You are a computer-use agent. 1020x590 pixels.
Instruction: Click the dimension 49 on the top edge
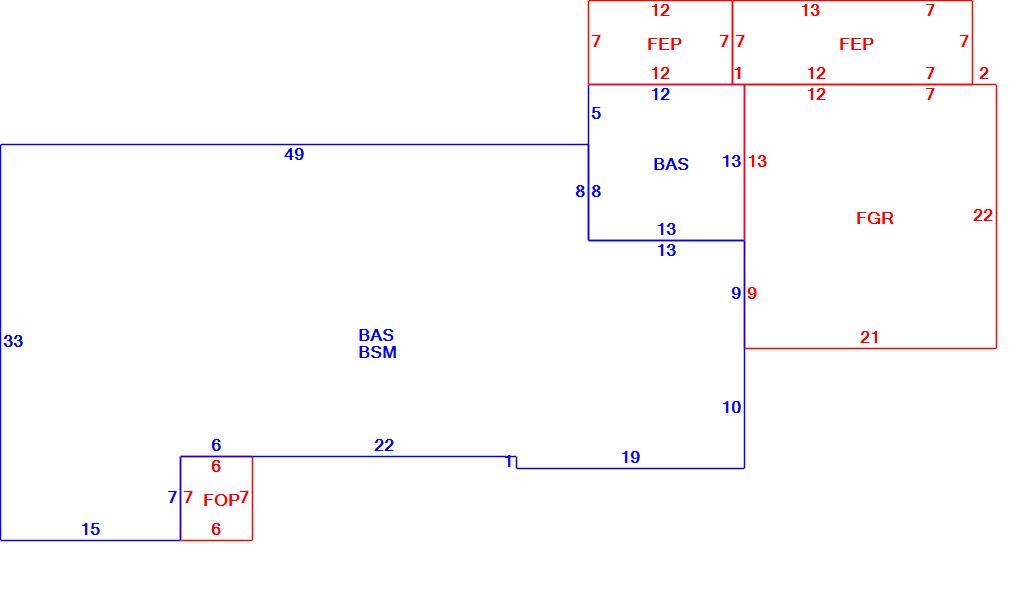[294, 154]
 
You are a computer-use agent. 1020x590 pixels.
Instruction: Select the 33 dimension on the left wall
[13, 341]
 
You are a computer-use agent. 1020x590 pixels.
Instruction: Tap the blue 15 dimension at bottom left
[90, 529]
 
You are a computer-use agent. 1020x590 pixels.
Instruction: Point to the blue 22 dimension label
[384, 445]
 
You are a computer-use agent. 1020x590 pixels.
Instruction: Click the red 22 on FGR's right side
[983, 215]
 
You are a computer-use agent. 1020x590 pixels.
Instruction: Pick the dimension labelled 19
[630, 457]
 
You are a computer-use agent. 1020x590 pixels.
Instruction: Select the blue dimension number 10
[732, 407]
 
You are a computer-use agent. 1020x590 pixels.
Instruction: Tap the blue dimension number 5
[596, 113]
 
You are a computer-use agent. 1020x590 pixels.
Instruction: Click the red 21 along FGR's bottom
[870, 337]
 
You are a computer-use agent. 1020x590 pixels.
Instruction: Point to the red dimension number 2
[984, 74]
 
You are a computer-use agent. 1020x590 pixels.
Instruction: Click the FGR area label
[875, 218]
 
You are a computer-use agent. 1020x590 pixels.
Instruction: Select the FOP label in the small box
[221, 500]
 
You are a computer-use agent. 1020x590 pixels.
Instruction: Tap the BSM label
[377, 352]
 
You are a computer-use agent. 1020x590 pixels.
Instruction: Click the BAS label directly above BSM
[376, 335]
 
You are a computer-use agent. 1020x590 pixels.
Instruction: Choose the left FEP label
[664, 44]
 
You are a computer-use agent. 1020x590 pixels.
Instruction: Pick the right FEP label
[856, 44]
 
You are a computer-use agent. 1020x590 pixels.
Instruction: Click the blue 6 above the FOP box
[216, 445]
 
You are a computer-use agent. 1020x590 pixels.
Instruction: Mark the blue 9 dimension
[736, 293]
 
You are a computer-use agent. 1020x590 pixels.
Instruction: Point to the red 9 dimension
[752, 293]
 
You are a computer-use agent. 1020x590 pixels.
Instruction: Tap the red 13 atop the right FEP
[811, 10]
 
